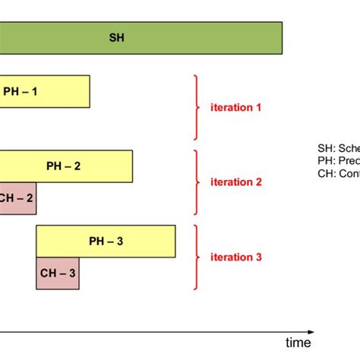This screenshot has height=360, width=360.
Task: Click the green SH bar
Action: pyautogui.click(x=190, y=38)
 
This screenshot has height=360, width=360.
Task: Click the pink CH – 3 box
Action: pyautogui.click(x=57, y=273)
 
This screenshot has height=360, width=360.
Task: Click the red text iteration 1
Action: pyautogui.click(x=235, y=107)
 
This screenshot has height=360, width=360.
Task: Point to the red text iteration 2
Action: pyautogui.click(x=235, y=182)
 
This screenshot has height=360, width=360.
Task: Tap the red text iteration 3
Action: pyautogui.click(x=235, y=257)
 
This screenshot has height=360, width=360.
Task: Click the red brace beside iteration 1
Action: pyautogui.click(x=197, y=107)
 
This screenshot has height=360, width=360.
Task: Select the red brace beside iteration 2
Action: pyautogui.click(x=197, y=182)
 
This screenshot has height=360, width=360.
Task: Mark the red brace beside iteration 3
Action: pyautogui.click(x=197, y=257)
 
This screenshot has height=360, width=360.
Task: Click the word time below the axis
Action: pyautogui.click(x=298, y=343)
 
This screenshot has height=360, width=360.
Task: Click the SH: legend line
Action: pyautogui.click(x=338, y=150)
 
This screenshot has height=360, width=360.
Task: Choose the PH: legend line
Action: pyautogui.click(x=338, y=161)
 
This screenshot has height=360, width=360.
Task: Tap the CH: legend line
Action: pyautogui.click(x=338, y=173)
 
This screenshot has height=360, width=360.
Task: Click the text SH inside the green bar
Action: pyautogui.click(x=116, y=38)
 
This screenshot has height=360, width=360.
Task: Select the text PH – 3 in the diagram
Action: pyautogui.click(x=106, y=242)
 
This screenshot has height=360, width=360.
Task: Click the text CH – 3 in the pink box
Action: pyautogui.click(x=57, y=273)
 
